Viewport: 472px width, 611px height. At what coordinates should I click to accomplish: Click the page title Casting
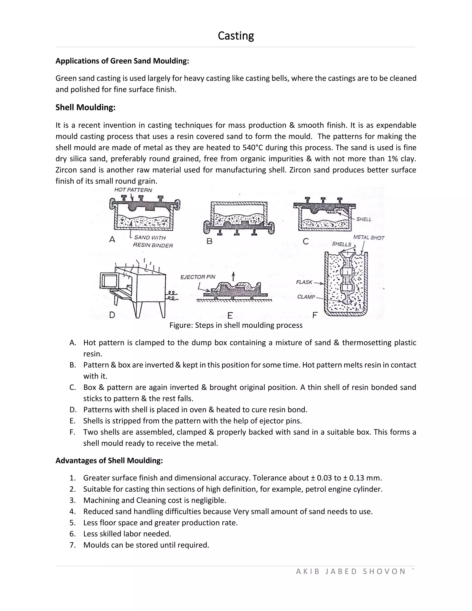click(236, 36)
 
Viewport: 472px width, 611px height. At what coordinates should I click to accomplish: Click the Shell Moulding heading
click(85, 107)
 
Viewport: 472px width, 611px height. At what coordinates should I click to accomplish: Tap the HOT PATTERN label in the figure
click(133, 190)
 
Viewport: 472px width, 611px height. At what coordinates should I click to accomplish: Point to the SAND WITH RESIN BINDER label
click(152, 241)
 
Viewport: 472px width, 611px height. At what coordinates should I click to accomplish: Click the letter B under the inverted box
click(209, 241)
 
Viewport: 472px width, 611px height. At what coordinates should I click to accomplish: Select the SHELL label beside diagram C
click(363, 219)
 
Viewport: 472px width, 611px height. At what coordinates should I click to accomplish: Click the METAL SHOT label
click(369, 237)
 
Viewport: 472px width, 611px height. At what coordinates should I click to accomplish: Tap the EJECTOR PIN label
click(198, 277)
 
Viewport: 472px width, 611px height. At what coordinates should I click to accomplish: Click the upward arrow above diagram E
click(233, 276)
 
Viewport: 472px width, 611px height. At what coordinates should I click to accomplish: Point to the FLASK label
click(304, 282)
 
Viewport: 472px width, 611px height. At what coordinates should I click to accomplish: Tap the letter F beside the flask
click(315, 316)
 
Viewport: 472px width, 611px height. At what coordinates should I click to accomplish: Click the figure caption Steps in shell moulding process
click(236, 325)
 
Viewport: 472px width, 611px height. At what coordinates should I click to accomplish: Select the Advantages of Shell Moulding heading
click(109, 460)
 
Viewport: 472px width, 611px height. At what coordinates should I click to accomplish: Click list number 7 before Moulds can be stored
click(72, 545)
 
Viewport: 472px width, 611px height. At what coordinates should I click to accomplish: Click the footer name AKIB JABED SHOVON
click(351, 571)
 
